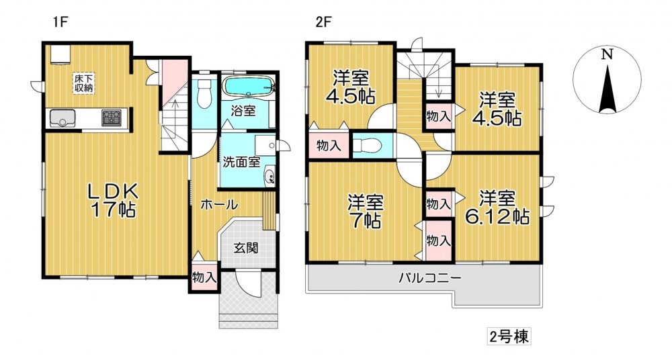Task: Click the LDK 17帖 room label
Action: point(112,199)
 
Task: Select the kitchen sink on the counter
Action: point(62,118)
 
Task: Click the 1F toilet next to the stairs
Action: point(203,94)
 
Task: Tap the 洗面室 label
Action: point(241,163)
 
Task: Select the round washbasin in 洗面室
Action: point(270,176)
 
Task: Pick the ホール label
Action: point(219,204)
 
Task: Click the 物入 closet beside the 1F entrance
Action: point(204,277)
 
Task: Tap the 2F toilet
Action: point(368,146)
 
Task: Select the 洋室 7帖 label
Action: point(365,211)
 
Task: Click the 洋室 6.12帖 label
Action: point(497,207)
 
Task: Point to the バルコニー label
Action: point(430,277)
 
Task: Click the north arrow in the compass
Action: point(607,88)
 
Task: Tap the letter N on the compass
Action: point(606,54)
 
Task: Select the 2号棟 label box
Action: point(509,336)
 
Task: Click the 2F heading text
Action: point(324,22)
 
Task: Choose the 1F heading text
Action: point(60,22)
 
